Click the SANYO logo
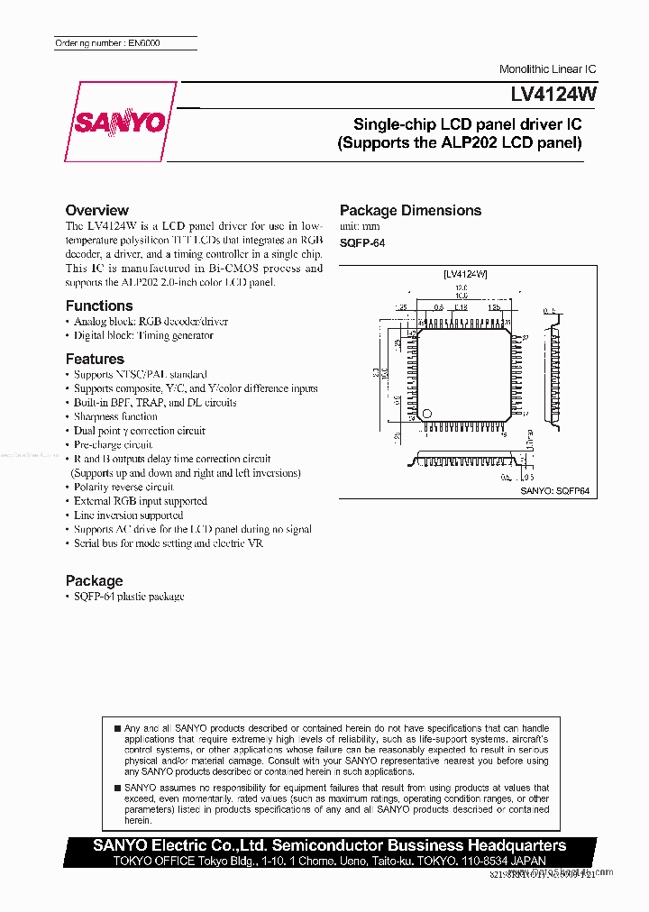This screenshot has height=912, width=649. pos(121,122)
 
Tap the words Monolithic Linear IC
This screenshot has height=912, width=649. pos(547,69)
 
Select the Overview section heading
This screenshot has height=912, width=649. pos(96,210)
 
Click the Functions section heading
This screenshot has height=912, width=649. pos(99,306)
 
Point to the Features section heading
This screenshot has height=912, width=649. pos(95,359)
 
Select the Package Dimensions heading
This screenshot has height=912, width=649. pos(410,210)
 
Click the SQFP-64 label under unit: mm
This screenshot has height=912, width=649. pos(362,243)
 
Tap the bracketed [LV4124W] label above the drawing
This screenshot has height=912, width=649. pos(465,273)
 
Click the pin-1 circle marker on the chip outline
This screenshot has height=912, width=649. pos(427,414)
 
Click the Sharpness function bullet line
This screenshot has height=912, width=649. pos(115,416)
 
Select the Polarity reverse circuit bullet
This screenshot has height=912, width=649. pos(123,487)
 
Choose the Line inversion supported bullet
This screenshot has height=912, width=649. pos(128,515)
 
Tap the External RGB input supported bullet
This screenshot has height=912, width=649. pos(140,501)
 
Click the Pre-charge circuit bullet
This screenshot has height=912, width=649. pos(113,444)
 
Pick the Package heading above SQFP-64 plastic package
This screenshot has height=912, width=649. pos(94,580)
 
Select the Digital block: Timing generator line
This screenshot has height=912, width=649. pos(143,335)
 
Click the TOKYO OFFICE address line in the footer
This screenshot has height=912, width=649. pos(329,861)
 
